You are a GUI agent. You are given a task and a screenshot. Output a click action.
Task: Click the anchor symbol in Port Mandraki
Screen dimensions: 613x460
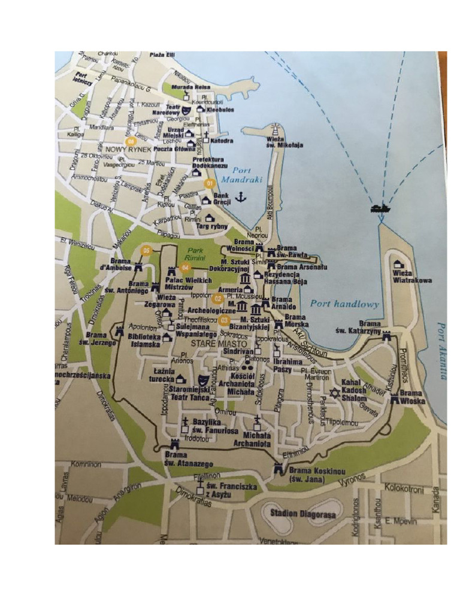coord(240,197)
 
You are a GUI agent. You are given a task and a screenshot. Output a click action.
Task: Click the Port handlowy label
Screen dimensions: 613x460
coord(345,304)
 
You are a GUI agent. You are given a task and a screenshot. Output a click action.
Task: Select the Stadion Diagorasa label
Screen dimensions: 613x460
coord(302,513)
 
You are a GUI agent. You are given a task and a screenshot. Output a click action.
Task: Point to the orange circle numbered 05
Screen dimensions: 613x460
coord(144,250)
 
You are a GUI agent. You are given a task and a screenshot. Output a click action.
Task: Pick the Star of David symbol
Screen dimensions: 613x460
coord(335,393)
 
